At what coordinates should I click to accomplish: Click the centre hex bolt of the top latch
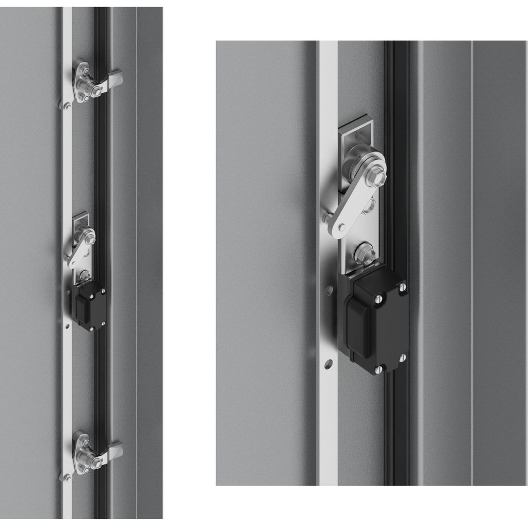[96, 91]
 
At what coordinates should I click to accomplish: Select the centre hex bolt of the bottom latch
[96, 463]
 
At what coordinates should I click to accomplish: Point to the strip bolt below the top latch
[67, 106]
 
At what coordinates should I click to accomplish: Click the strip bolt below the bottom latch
[67, 477]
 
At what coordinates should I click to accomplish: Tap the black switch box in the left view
[89, 305]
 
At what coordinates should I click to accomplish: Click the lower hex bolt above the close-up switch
[365, 254]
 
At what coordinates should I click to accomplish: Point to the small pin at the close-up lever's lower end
[341, 227]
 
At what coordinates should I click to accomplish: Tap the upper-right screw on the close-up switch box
[402, 287]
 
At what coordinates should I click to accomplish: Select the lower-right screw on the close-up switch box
[402, 357]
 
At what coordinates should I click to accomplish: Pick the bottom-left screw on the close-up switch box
[378, 369]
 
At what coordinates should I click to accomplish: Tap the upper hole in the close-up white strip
[328, 291]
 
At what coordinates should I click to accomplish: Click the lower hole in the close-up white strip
[328, 364]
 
